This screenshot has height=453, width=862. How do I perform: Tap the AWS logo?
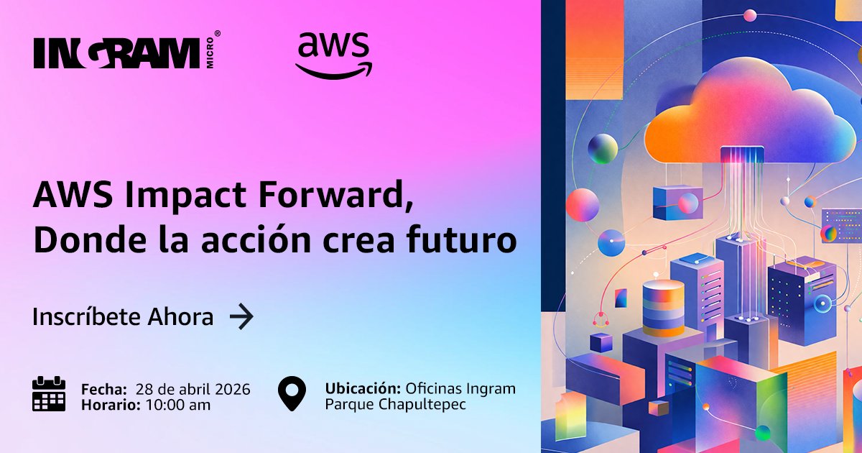click(x=333, y=54)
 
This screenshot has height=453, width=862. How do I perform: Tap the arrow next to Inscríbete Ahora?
click(x=241, y=316)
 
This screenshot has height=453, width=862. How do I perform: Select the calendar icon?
click(x=49, y=394)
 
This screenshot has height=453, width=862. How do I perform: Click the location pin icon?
click(x=292, y=394)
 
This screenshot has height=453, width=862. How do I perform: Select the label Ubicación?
click(x=363, y=389)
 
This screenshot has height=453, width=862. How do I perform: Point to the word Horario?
click(x=110, y=405)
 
